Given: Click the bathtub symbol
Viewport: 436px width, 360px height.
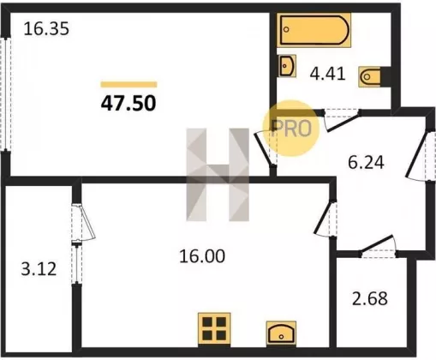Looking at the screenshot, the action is pyautogui.click(x=314, y=30).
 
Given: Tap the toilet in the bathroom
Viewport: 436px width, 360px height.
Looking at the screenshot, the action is pyautogui.click(x=370, y=76).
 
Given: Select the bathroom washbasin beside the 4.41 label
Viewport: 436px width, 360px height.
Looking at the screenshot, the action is pyautogui.click(x=287, y=66).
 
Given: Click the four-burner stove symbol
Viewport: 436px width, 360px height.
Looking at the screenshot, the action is pyautogui.click(x=214, y=329).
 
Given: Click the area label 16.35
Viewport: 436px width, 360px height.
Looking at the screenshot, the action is pyautogui.click(x=46, y=29).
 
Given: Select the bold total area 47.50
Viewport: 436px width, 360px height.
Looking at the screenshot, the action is pyautogui.click(x=128, y=103).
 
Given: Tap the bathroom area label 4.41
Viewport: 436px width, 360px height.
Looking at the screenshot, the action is pyautogui.click(x=328, y=74).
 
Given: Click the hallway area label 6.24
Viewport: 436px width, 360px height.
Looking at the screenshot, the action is pyautogui.click(x=366, y=163).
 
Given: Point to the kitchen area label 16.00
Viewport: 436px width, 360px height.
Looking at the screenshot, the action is pyautogui.click(x=202, y=256).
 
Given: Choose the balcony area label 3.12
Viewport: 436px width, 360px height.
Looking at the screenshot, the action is pyautogui.click(x=39, y=269).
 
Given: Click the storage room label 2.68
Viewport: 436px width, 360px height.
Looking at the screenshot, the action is pyautogui.click(x=370, y=298).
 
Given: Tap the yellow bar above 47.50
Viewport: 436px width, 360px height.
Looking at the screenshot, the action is pyautogui.click(x=128, y=84).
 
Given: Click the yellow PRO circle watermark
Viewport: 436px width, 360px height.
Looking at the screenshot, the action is pyautogui.click(x=290, y=128).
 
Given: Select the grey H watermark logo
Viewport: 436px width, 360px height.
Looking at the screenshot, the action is pyautogui.click(x=218, y=175).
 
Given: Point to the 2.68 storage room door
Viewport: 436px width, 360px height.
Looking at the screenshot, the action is pyautogui.click(x=378, y=245).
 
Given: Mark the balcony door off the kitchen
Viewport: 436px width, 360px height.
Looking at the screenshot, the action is pyautogui.click(x=84, y=222).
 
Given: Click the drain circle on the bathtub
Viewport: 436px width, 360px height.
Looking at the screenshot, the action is pyautogui.click(x=287, y=29).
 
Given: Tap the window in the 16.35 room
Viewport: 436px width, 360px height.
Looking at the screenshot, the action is pyautogui.click(x=6, y=93).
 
